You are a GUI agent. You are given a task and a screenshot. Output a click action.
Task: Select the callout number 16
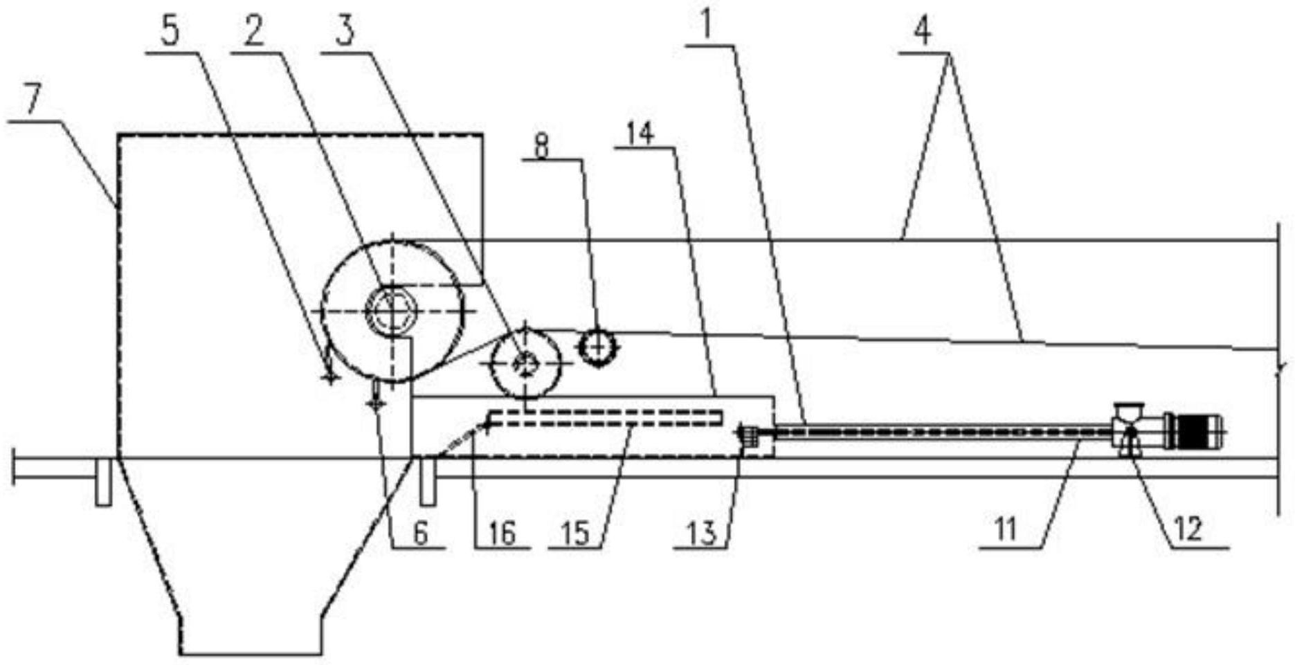[501, 533]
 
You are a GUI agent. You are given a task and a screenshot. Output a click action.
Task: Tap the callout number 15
[575, 533]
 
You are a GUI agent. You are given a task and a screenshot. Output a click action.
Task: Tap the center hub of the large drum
[391, 311]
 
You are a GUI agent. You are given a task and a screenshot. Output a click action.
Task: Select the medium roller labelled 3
[525, 363]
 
